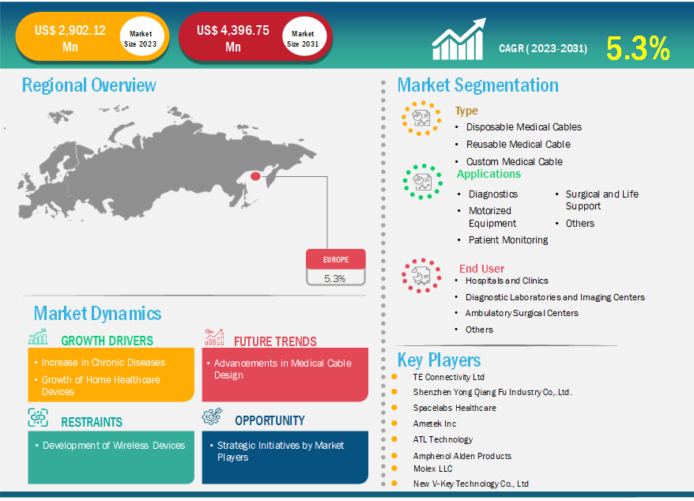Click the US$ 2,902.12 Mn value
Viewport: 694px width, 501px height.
(x=70, y=38)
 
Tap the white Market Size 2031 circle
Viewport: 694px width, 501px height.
(x=304, y=38)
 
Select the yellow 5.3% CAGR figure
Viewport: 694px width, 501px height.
(x=638, y=48)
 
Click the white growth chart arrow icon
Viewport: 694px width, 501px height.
(x=459, y=39)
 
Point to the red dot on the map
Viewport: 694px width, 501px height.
(x=255, y=176)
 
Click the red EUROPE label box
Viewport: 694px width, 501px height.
(x=335, y=259)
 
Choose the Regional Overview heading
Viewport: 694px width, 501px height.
(x=89, y=85)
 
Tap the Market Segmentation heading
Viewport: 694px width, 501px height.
(x=478, y=85)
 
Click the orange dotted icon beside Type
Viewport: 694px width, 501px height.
(x=421, y=119)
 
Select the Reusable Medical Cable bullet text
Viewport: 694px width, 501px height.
(x=519, y=145)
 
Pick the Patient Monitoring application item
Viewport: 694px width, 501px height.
(x=508, y=240)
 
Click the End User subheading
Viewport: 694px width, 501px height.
(x=481, y=269)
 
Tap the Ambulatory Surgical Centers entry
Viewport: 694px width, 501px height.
(x=522, y=313)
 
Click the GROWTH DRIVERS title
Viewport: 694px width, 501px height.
(x=107, y=341)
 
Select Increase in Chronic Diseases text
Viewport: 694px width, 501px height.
(x=103, y=363)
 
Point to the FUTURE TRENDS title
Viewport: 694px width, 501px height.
(x=275, y=341)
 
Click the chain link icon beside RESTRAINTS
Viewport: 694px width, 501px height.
(x=38, y=418)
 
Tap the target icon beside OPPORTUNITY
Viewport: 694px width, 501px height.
(x=212, y=416)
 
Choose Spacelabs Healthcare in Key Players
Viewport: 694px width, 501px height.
(x=454, y=408)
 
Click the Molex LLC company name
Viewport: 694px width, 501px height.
(x=433, y=469)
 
